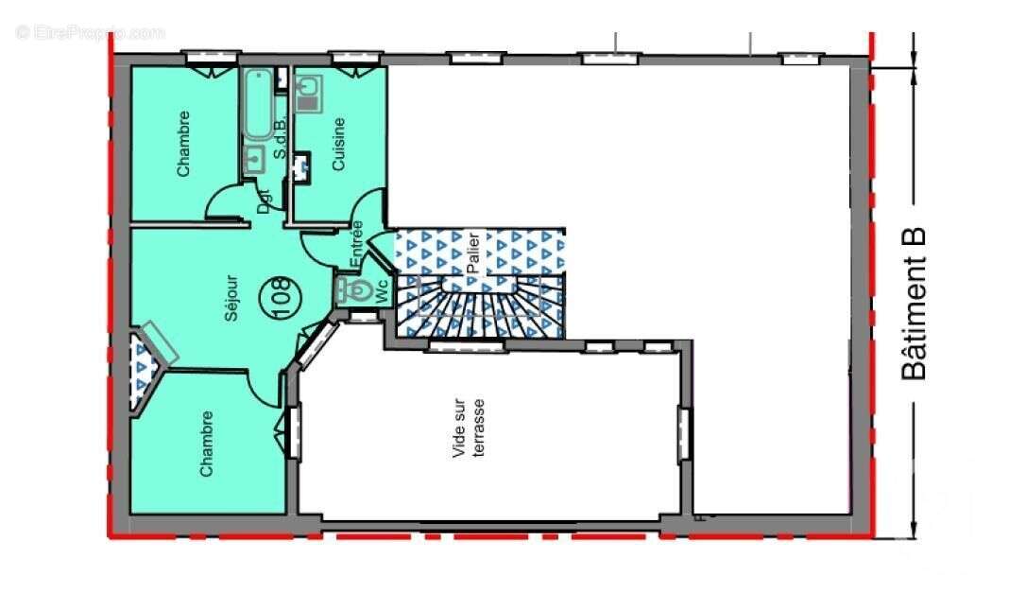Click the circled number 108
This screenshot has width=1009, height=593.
click(x=281, y=288)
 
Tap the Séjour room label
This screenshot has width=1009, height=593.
click(x=232, y=298)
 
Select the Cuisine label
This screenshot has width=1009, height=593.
click(x=338, y=144)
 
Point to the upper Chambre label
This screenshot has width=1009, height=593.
click(x=183, y=144)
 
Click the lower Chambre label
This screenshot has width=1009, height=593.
click(x=206, y=443)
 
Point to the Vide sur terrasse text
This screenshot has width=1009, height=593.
click(x=470, y=428)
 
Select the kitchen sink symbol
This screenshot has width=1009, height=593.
click(x=308, y=91)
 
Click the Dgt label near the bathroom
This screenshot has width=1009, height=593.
click(x=265, y=201)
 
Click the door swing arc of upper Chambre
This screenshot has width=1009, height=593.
click(x=223, y=200)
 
